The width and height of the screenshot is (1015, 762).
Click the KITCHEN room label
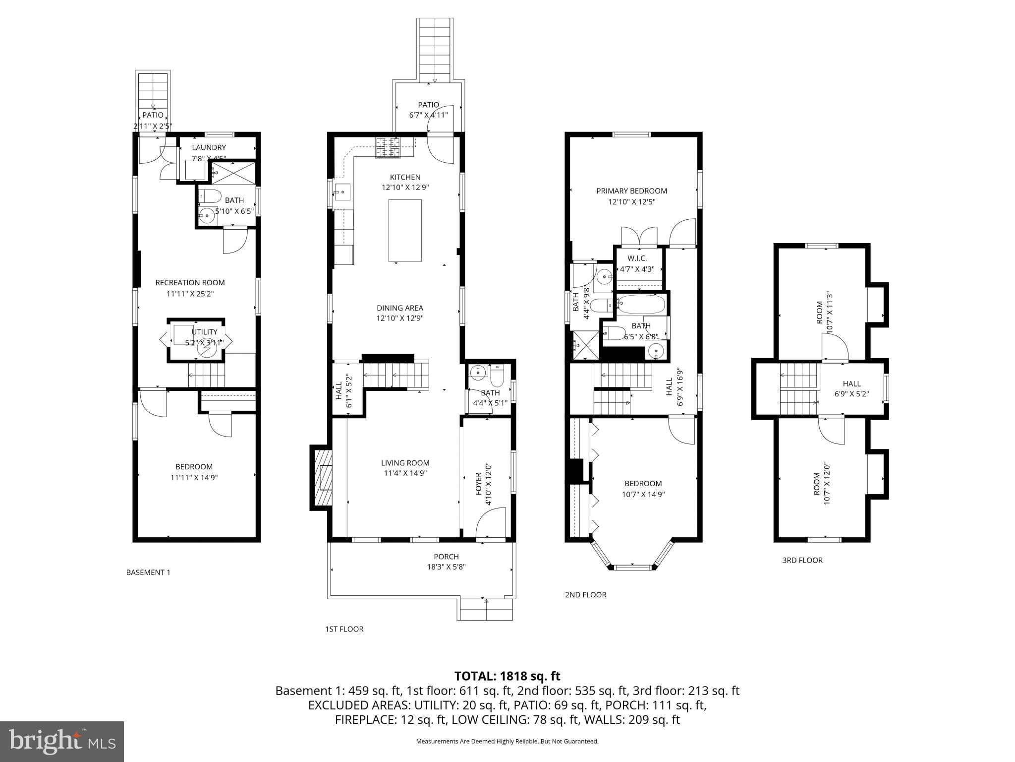pyautogui.click(x=405, y=177)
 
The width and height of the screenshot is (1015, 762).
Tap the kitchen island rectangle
pyautogui.click(x=404, y=230)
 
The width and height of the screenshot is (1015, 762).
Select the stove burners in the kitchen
pyautogui.click(x=388, y=147)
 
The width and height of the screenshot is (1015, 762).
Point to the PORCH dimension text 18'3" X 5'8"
pyautogui.click(x=446, y=567)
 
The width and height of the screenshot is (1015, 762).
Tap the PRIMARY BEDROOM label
pyautogui.click(x=631, y=191)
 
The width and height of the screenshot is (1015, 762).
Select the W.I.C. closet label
pyautogui.click(x=637, y=258)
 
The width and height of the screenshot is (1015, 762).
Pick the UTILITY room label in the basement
pyautogui.click(x=204, y=332)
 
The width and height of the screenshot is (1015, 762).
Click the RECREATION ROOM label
pyautogui.click(x=190, y=283)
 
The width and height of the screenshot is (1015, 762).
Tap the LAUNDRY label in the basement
pyautogui.click(x=209, y=147)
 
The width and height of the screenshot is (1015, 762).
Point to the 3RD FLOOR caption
pyautogui.click(x=802, y=560)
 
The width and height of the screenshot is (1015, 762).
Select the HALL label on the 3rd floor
pyautogui.click(x=851, y=383)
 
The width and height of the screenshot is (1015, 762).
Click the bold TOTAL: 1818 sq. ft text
pyautogui.click(x=507, y=676)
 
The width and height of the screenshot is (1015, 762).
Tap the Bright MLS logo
pyautogui.click(x=62, y=741)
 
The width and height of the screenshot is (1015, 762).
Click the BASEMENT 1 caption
pyautogui.click(x=148, y=572)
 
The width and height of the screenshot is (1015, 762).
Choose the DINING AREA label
pyautogui.click(x=399, y=308)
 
